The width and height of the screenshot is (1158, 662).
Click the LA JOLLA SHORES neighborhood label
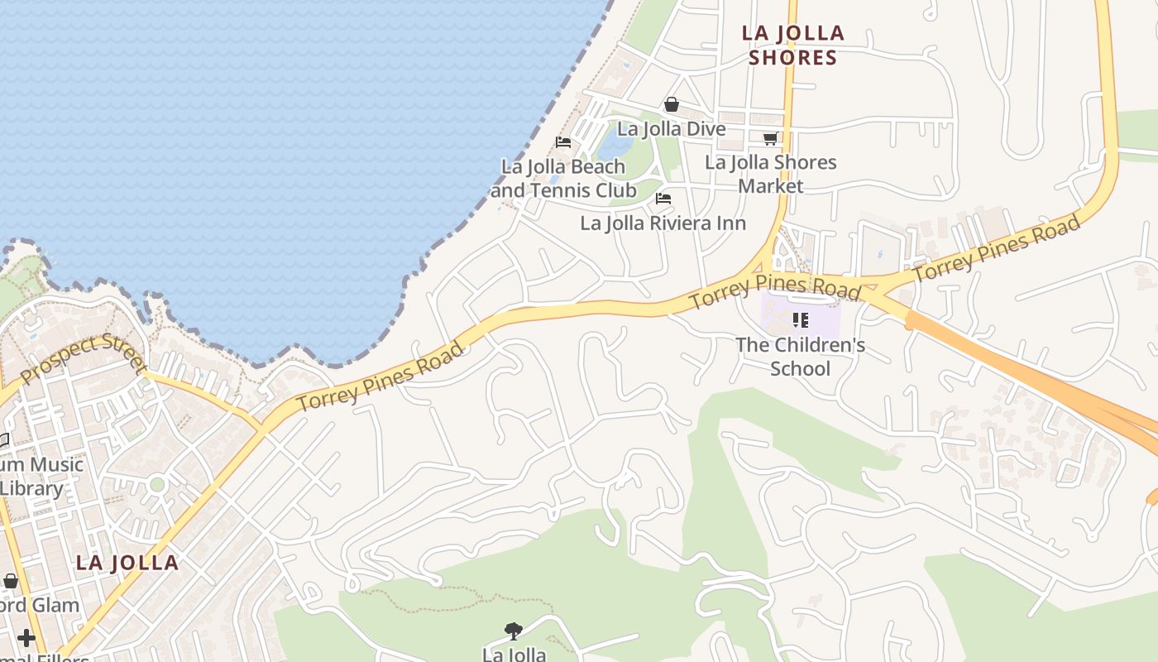(x=792, y=45)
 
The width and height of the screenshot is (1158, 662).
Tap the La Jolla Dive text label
(x=672, y=129)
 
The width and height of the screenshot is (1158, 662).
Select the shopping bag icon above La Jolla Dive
(x=672, y=105)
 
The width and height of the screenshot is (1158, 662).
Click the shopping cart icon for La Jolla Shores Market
(x=771, y=138)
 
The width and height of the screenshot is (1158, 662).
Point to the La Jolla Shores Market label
(x=771, y=174)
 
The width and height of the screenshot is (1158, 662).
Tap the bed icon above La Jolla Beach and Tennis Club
(x=563, y=142)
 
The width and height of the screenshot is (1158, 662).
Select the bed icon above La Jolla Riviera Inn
(x=663, y=199)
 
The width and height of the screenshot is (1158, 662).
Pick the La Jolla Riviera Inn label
(x=663, y=223)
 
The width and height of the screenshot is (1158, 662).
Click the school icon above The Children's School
(x=800, y=319)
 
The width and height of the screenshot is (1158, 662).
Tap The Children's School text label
(x=800, y=356)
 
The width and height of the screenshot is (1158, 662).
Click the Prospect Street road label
(x=83, y=359)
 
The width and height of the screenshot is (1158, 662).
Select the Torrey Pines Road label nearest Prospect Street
(x=380, y=377)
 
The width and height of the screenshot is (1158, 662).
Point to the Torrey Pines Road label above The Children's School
(x=774, y=290)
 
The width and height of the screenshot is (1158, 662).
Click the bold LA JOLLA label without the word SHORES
(x=127, y=564)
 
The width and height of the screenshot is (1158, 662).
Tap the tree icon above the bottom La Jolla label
(x=514, y=631)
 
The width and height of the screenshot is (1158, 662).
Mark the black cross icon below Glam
(x=26, y=638)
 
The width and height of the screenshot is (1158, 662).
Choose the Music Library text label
(x=41, y=476)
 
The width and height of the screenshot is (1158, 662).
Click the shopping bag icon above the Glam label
(x=10, y=582)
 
